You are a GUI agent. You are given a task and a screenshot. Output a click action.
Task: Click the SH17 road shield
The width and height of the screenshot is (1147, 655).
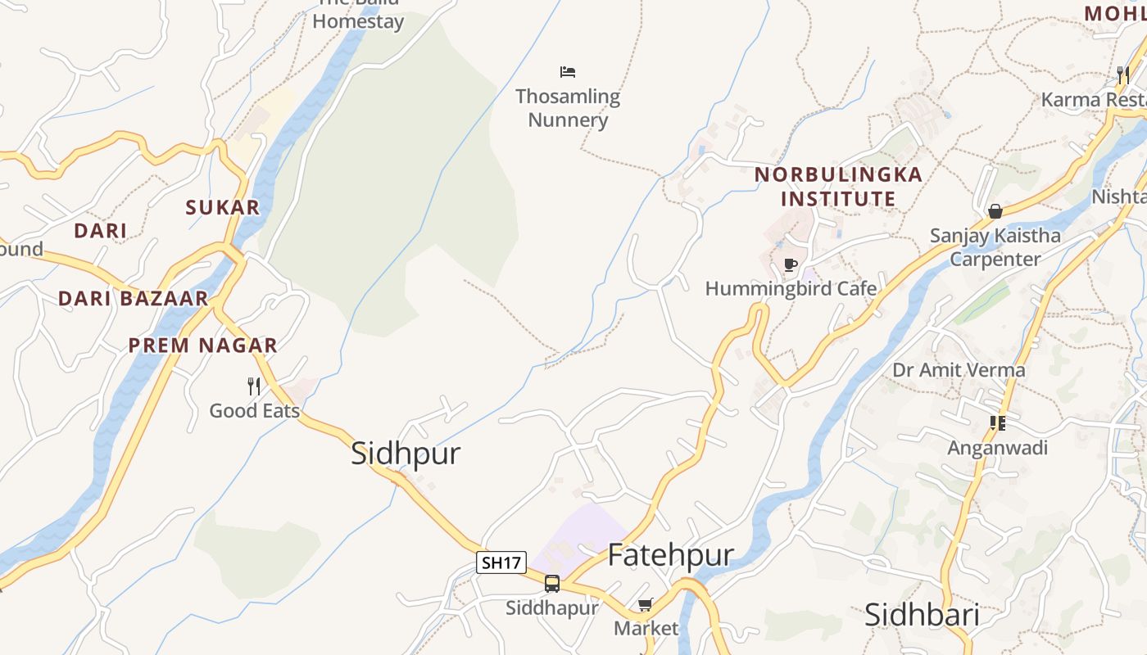[501, 562]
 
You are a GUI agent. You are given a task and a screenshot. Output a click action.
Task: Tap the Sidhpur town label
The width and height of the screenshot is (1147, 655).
[406, 454]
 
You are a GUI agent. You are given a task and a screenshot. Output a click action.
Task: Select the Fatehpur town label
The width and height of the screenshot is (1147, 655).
[670, 555]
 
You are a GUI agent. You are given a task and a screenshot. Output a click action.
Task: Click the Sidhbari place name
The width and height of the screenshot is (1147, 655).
[922, 615]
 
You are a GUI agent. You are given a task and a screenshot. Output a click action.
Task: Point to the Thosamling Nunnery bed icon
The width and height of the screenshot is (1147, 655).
[568, 72]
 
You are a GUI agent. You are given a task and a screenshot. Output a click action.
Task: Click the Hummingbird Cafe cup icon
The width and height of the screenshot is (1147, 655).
[790, 264]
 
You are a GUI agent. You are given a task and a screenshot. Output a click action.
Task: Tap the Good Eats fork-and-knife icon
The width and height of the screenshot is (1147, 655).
[254, 386]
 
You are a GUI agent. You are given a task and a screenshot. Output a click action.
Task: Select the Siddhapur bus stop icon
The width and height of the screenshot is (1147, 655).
[552, 584]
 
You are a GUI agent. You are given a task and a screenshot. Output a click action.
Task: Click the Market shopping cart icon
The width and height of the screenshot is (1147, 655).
[645, 605]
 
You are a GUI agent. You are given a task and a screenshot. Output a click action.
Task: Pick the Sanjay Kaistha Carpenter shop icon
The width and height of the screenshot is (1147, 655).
[995, 211]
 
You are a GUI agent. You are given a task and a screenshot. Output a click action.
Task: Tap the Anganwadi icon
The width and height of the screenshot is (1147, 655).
[997, 423]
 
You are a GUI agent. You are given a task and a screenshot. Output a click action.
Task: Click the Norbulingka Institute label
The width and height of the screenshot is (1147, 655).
[838, 187]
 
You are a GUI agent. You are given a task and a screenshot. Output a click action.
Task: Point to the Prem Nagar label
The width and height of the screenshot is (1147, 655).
[202, 346]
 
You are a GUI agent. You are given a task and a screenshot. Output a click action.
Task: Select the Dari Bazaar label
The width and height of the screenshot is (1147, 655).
[133, 299]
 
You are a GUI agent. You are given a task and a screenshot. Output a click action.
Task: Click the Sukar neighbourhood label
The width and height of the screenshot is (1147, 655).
[222, 208]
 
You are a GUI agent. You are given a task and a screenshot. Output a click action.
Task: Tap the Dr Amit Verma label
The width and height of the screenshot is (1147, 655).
[959, 370]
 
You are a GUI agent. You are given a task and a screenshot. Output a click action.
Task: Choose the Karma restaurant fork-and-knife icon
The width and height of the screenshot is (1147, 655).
[1122, 75]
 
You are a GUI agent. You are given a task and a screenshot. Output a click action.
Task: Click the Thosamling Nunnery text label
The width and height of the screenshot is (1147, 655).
[568, 108]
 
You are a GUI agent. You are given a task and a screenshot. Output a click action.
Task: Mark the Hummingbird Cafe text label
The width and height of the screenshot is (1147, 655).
[791, 289]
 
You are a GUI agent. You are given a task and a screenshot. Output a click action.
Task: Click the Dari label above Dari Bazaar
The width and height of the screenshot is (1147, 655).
[100, 231]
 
